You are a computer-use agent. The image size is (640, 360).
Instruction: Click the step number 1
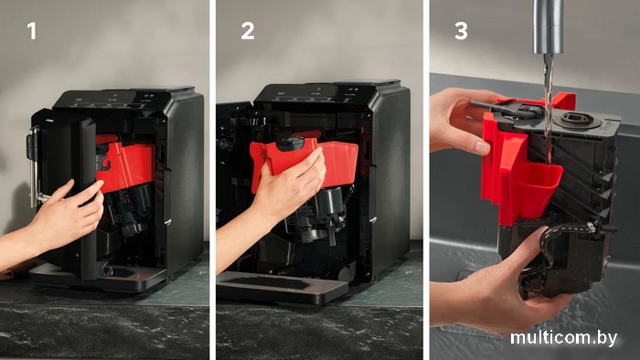32,31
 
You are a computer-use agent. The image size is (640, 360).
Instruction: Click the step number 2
248,31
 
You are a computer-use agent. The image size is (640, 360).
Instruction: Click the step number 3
461,31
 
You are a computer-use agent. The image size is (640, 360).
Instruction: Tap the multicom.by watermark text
563,338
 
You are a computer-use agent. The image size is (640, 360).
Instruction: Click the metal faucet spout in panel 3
549,26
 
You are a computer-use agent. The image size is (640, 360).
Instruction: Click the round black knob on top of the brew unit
575,120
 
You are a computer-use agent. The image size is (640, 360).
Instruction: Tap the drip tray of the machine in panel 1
98,277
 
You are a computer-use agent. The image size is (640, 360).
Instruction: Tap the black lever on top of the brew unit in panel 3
507,110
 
